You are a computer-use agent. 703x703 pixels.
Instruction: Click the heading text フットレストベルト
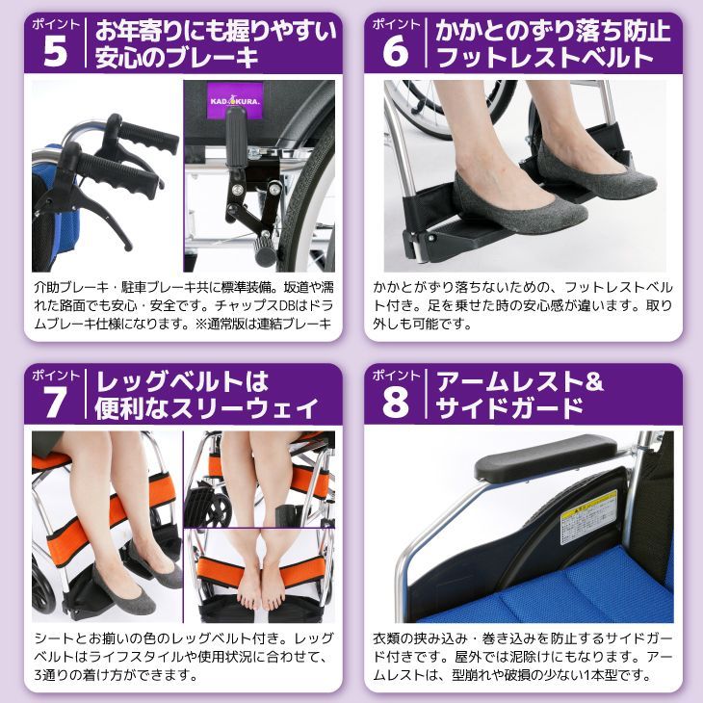(544, 59)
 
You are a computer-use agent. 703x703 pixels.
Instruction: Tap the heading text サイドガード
(510, 409)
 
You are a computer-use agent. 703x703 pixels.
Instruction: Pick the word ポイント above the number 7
(56, 375)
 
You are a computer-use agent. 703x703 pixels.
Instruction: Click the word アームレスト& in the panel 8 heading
(521, 381)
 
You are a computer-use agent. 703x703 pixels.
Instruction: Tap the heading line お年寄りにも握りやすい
(216, 29)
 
